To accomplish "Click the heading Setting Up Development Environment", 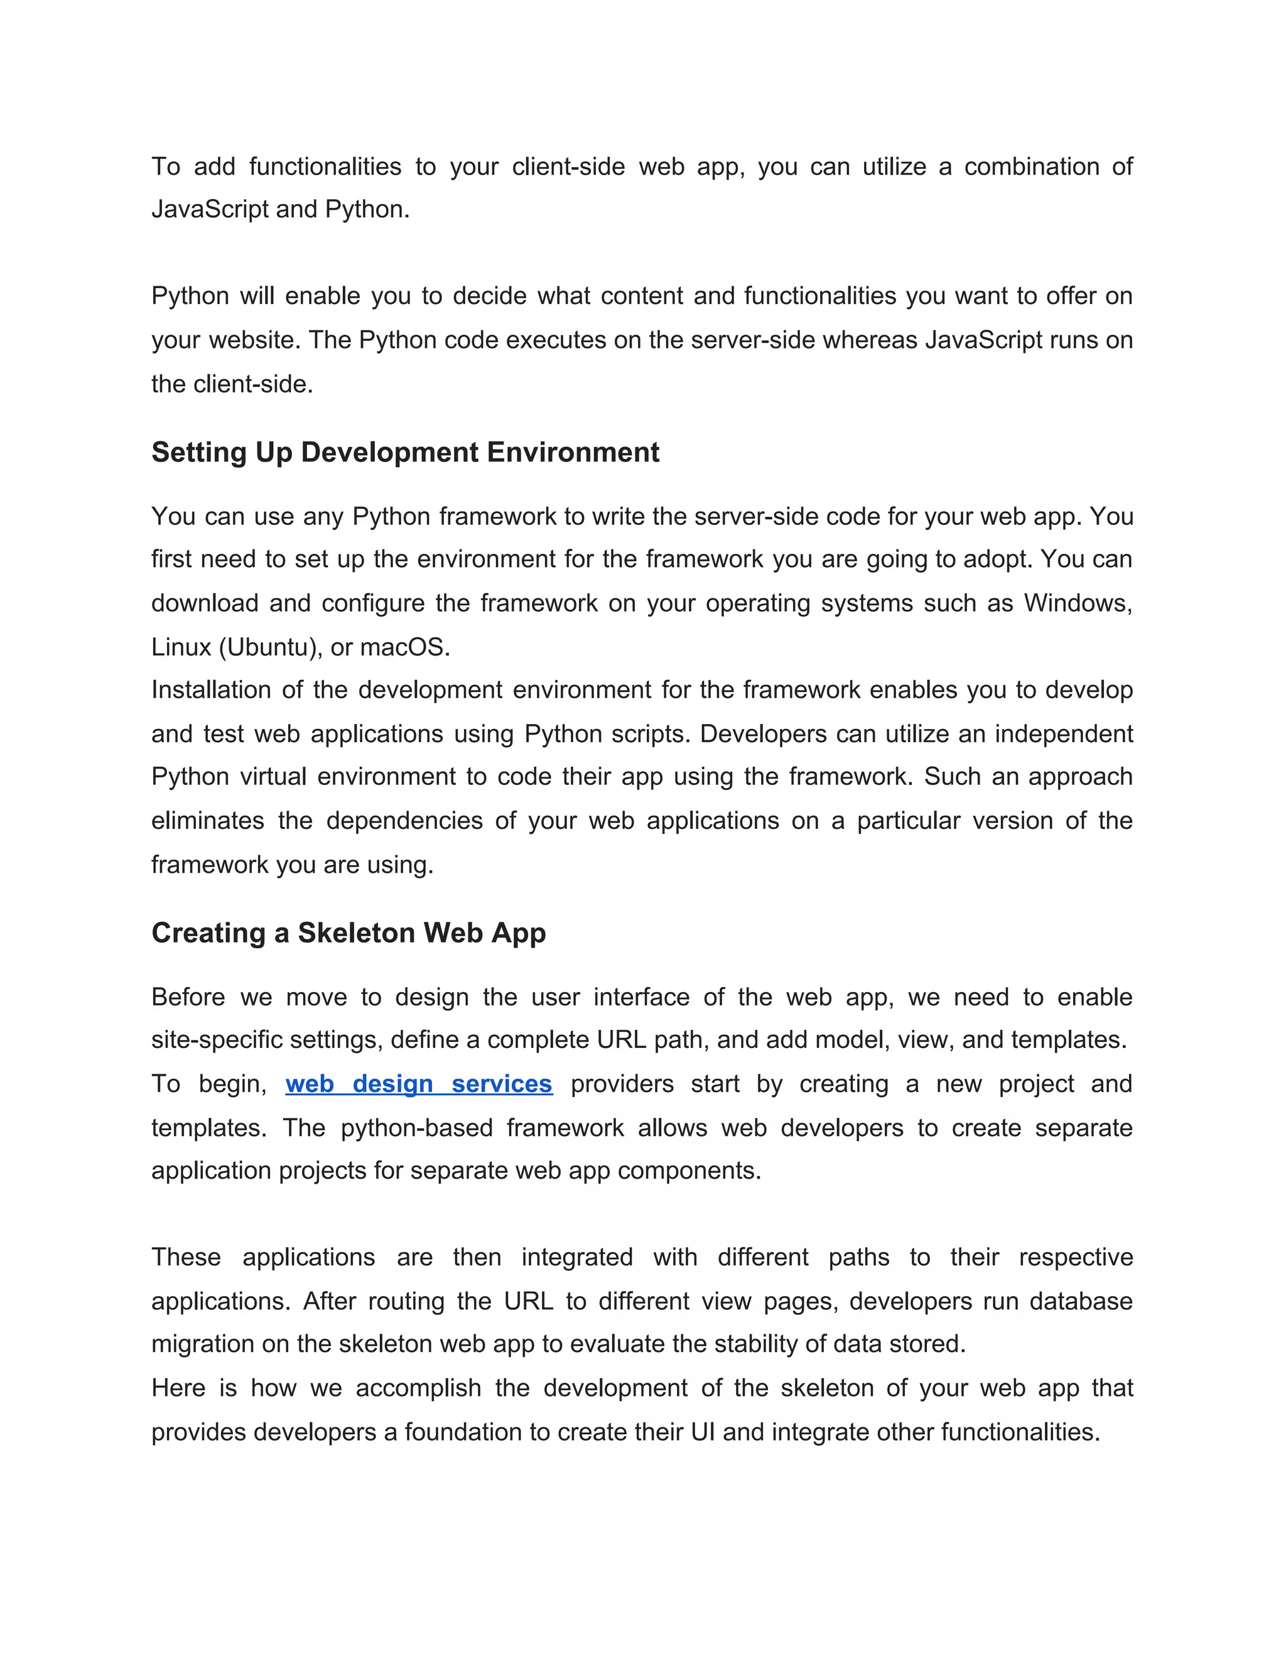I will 404,453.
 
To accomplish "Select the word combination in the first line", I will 1032,166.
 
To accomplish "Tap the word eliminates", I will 207,821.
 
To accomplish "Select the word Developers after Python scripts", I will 762,733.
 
